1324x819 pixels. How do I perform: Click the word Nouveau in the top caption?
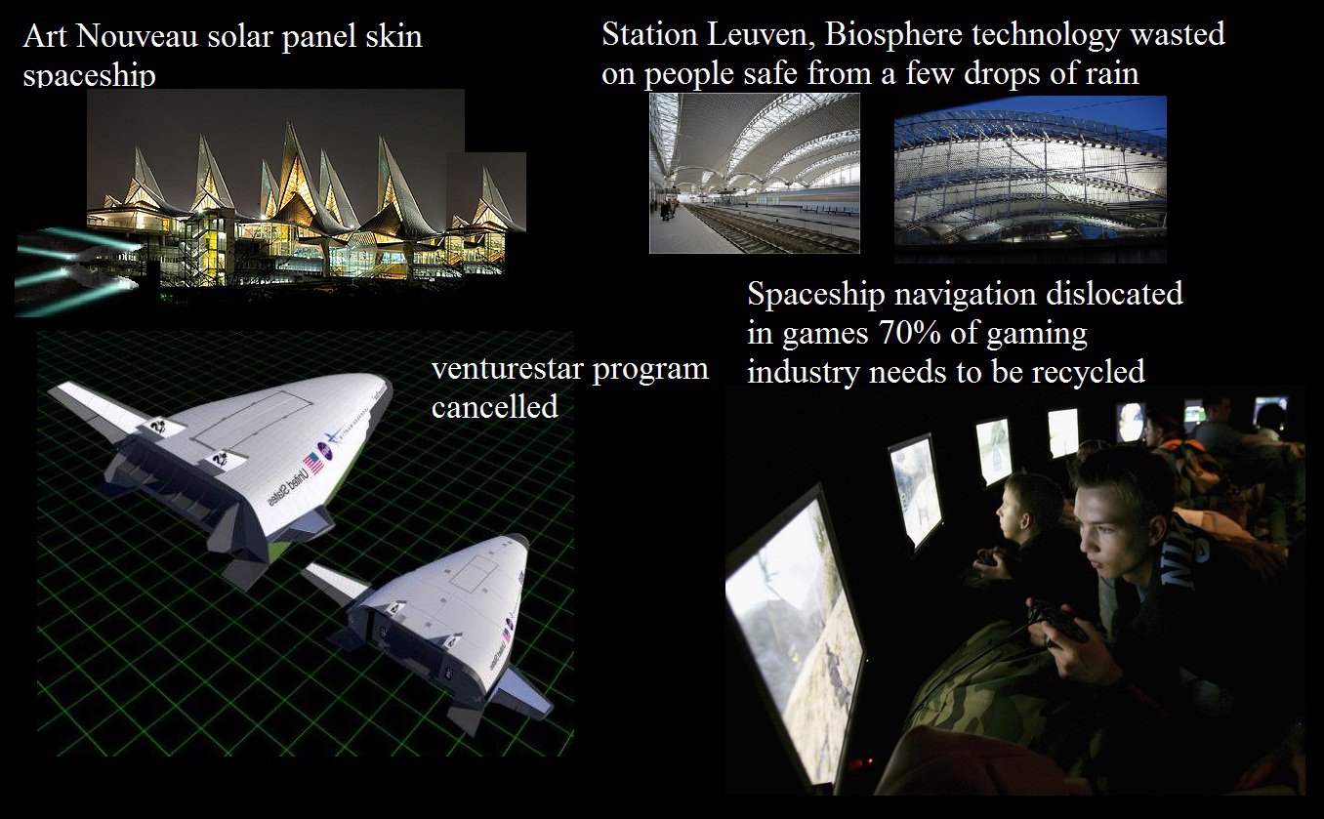coord(137,36)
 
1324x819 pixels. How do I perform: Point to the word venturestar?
coord(509,369)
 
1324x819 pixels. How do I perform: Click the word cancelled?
coord(495,406)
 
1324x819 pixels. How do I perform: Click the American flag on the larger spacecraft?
coord(313,463)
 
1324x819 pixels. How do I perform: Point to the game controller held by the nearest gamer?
coord(1058,624)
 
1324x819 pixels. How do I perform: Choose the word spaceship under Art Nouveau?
coord(89,76)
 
